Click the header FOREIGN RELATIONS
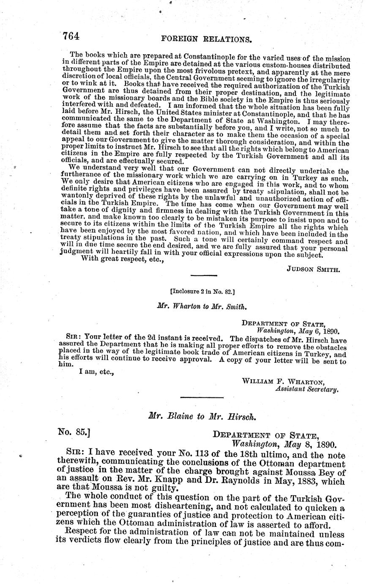pos(207,39)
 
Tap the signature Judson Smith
pos(313,268)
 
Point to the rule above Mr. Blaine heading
pos(196,397)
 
